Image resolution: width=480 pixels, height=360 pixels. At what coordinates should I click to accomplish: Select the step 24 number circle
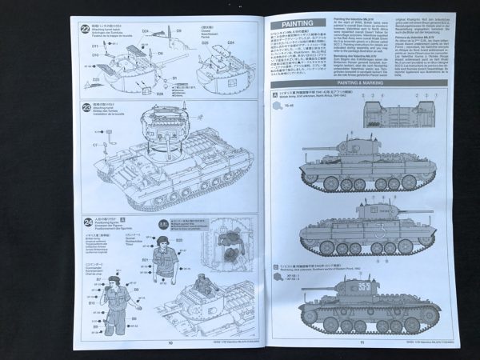click(x=88, y=221)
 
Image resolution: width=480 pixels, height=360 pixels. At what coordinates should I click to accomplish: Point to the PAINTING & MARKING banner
click(x=358, y=82)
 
